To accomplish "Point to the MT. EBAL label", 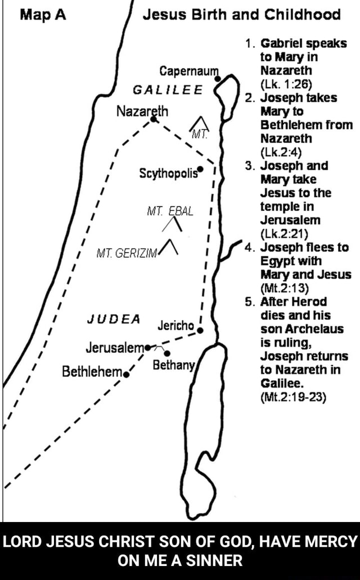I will coord(169,211).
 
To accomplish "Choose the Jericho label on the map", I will coord(175,326).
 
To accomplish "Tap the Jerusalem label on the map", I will coord(114,346).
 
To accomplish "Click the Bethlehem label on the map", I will coord(92,372).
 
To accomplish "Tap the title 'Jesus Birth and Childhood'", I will coord(242,14).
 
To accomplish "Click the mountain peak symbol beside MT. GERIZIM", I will coord(170,246).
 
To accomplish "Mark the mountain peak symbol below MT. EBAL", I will coord(171,224).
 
